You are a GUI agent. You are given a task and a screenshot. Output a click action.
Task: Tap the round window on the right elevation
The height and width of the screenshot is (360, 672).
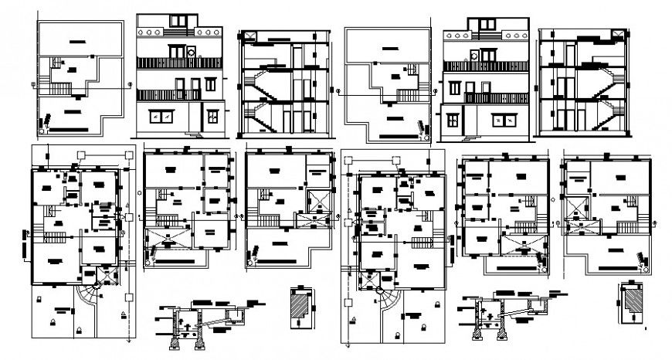click(x=472, y=54)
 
